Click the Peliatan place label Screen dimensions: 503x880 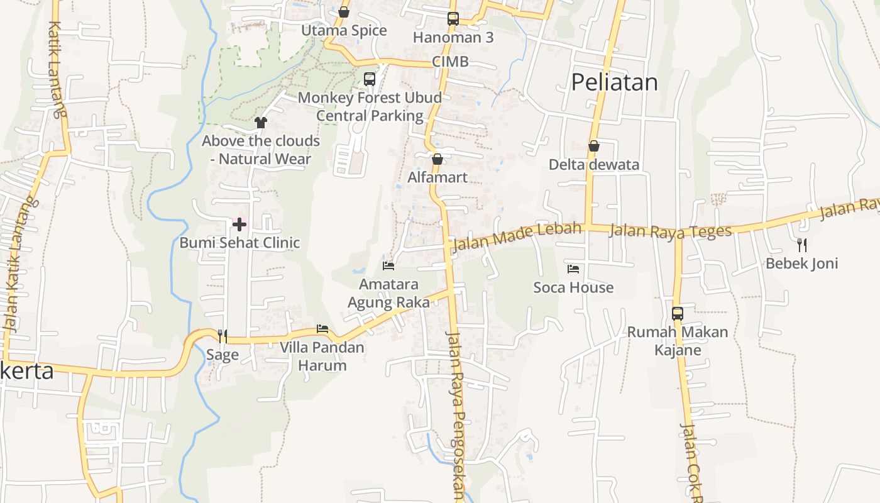tap(614, 82)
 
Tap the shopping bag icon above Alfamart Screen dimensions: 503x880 tap(437, 159)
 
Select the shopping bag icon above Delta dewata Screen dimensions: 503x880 tap(594, 146)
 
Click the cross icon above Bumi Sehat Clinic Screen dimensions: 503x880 tap(239, 224)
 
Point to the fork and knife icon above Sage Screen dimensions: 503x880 tap(222, 336)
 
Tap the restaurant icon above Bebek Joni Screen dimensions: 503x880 tap(801, 245)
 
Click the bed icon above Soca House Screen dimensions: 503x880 tap(573, 269)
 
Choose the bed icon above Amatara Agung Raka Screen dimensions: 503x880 tap(388, 266)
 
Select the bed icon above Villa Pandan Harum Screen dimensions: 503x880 tap(322, 329)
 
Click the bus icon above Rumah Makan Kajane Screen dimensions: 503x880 tap(678, 313)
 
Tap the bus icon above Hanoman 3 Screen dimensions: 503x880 tap(453, 19)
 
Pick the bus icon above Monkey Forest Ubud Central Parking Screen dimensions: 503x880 tap(370, 79)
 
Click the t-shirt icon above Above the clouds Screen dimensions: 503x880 tap(261, 123)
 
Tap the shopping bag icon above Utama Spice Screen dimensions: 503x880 tap(344, 12)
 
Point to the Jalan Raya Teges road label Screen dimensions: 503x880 tap(671, 231)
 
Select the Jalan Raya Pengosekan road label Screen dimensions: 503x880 tap(457, 415)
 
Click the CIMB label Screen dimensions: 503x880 tap(450, 62)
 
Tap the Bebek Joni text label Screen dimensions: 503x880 tap(801, 263)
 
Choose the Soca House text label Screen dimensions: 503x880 tap(573, 288)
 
